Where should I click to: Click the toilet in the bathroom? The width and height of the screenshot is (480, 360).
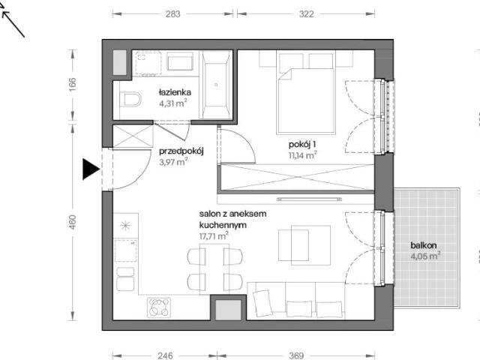click(x=130, y=99)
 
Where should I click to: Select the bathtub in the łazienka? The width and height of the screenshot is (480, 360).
click(x=216, y=85)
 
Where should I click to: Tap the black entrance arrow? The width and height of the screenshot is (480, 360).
click(x=91, y=169)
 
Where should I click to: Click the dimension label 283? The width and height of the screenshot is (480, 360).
click(x=173, y=14)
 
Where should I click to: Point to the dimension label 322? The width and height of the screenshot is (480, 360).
click(x=307, y=14)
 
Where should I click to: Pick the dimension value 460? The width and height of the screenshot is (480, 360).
click(x=72, y=222)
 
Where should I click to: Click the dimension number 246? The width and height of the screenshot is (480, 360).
click(x=165, y=355)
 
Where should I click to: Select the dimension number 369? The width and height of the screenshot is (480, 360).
click(x=296, y=355)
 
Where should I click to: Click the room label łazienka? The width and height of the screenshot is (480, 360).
click(x=175, y=92)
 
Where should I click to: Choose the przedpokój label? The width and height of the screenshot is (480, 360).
click(x=181, y=151)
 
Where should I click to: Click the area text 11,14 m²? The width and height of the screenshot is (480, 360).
click(x=302, y=155)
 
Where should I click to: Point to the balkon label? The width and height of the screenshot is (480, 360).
click(x=423, y=245)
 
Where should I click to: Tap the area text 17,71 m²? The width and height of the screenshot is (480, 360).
click(x=214, y=236)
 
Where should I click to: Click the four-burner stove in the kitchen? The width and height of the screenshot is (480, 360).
click(x=159, y=307)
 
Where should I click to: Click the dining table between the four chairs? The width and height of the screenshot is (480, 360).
click(x=214, y=269)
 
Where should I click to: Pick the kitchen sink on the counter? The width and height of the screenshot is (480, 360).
click(x=125, y=279)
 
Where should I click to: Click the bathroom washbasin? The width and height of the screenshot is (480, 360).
click(x=180, y=61)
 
